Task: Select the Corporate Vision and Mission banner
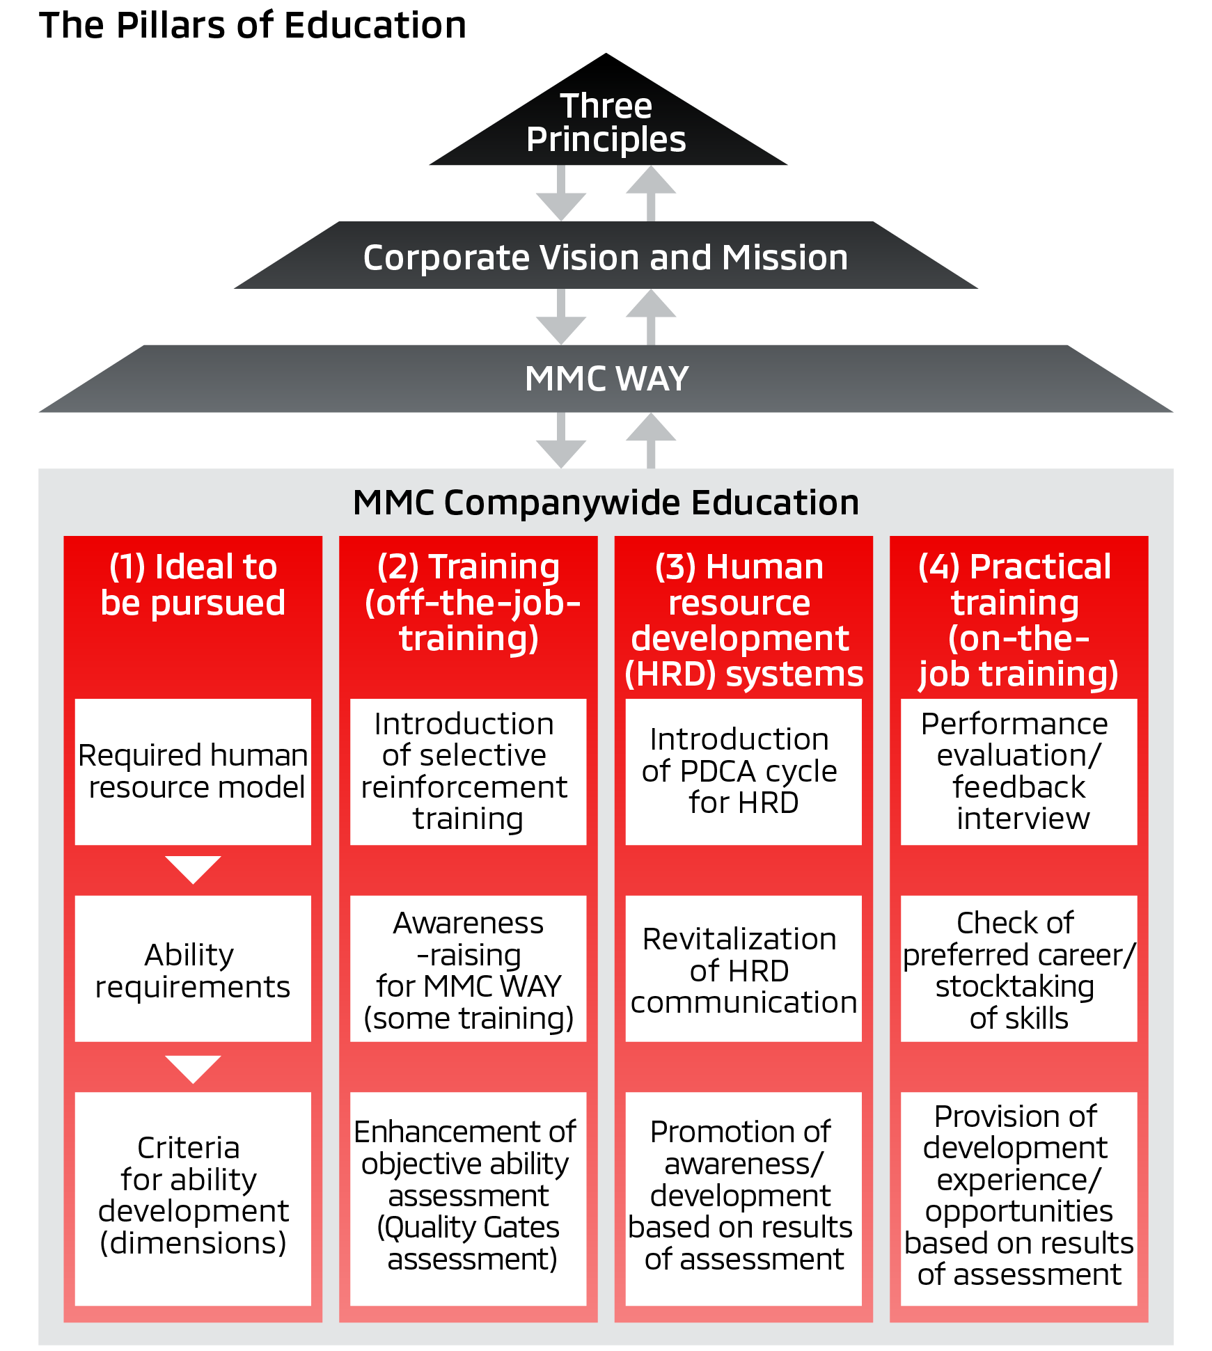pos(606,256)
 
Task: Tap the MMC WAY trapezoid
pos(606,379)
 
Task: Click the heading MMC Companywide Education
pos(606,503)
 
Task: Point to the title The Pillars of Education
pos(253,26)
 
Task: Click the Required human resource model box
pos(193,771)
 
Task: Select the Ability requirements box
pos(193,968)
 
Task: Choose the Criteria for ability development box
pos(193,1197)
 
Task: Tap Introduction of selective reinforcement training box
pos(468,771)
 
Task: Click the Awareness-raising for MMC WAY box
pos(468,968)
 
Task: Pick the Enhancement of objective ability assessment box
pos(468,1197)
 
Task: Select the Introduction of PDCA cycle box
pos(743,771)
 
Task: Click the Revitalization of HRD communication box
pos(743,968)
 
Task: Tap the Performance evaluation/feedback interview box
pos(1018,771)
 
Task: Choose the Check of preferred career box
pos(1018,968)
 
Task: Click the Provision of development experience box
pos(1018,1197)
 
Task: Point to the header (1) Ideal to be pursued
pos(193,585)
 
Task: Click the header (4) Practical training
pos(1018,619)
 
